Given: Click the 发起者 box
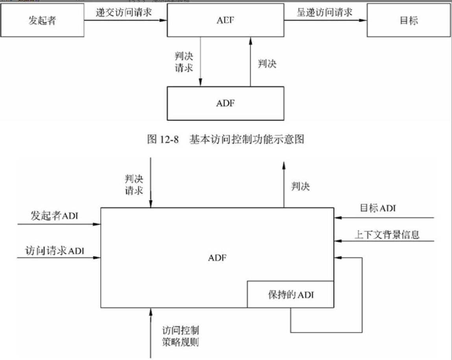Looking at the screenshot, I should pyautogui.click(x=42, y=20).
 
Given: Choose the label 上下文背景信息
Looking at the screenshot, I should pyautogui.click(x=387, y=235).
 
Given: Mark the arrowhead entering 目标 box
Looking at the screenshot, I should pyautogui.click(x=363, y=21).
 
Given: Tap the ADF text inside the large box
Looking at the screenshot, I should pyautogui.click(x=218, y=258).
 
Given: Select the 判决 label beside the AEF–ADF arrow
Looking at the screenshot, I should pyautogui.click(x=267, y=64).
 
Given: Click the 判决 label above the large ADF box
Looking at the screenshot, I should pyautogui.click(x=301, y=186).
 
